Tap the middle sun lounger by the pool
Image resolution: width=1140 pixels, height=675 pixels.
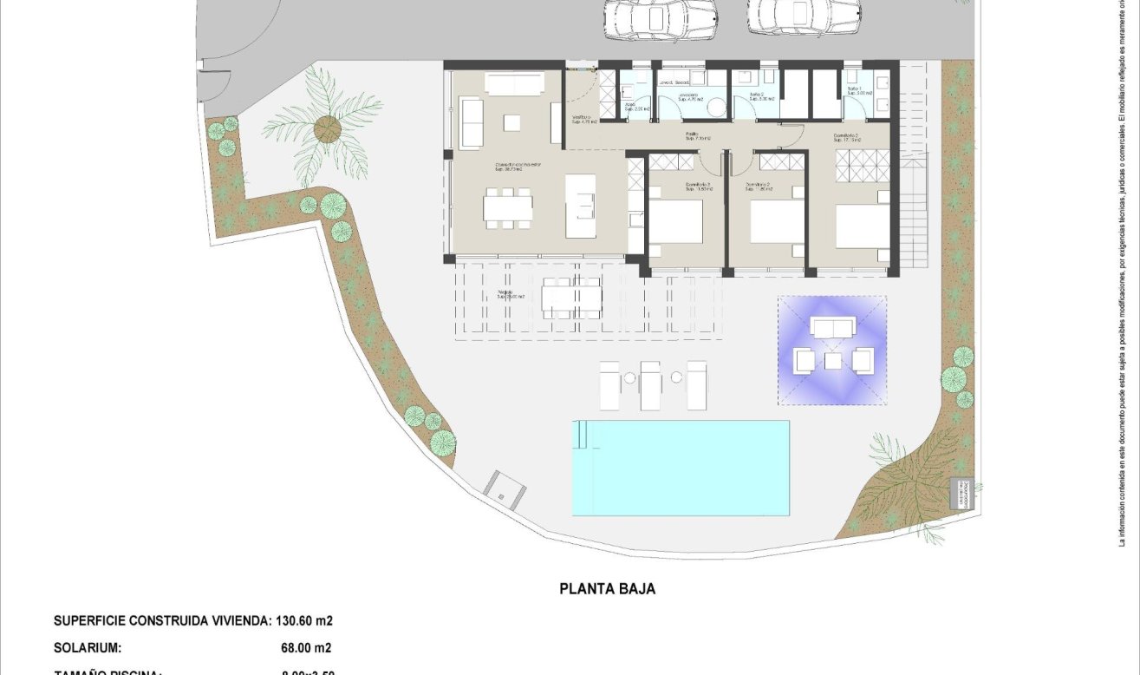(x=650, y=385)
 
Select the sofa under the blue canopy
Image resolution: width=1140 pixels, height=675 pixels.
(x=833, y=326)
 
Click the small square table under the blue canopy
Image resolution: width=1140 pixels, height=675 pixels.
(x=833, y=360)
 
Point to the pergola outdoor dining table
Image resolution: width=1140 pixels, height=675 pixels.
(x=571, y=298)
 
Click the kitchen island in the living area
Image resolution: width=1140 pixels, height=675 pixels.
(x=581, y=206)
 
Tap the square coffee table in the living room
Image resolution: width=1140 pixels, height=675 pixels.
(x=511, y=122)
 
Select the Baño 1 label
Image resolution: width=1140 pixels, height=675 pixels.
(x=854, y=92)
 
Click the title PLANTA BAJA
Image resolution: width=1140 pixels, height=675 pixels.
(x=608, y=589)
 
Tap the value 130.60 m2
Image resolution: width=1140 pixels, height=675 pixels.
(x=304, y=621)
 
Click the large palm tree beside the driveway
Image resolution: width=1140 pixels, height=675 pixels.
(x=327, y=129)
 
